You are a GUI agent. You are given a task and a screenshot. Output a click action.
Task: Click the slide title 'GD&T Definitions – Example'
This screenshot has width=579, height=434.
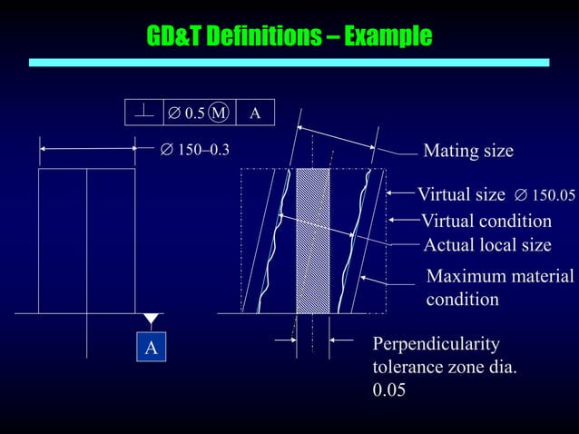289,36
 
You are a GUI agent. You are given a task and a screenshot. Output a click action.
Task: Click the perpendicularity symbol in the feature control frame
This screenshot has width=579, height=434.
143,113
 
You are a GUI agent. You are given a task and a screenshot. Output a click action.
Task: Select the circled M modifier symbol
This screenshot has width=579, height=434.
219,113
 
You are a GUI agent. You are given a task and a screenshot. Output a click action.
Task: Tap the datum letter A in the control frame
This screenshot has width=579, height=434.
255,113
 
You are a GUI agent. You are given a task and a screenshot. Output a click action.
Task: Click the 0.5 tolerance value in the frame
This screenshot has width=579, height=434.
193,113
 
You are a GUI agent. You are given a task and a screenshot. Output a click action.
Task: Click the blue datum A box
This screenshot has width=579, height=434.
151,348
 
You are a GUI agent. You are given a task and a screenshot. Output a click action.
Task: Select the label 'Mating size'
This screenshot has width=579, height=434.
468,151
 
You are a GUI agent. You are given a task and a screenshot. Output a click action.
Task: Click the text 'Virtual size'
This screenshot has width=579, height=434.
461,193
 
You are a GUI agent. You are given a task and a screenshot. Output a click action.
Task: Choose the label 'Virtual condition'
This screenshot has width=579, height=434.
486,221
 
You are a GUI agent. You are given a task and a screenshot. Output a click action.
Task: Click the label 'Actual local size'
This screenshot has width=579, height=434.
487,245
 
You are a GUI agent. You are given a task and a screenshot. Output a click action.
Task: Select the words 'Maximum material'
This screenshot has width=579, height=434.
500,276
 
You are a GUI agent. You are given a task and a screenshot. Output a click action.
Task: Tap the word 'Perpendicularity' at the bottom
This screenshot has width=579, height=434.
436,344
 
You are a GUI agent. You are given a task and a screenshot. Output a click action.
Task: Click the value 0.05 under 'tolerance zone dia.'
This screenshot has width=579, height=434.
388,390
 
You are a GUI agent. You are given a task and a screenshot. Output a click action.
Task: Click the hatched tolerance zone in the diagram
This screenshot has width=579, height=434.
313,241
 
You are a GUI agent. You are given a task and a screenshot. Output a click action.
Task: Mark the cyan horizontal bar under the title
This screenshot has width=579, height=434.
289,63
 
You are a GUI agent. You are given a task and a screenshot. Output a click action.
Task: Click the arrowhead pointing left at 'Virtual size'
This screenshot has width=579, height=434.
391,193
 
